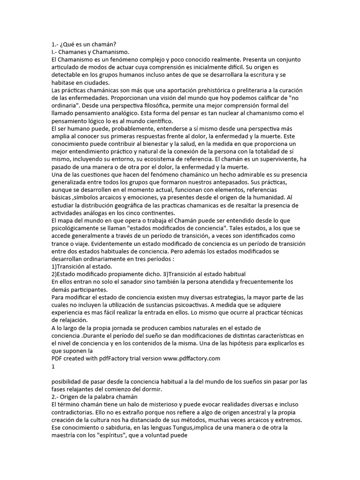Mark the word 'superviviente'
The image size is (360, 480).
pos(277,159)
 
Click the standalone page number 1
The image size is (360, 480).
pos(53,367)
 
